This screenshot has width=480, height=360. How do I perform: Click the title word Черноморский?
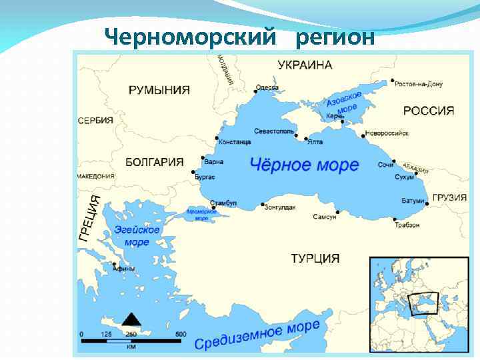click(190, 37)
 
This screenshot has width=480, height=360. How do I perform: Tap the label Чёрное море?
click(303, 164)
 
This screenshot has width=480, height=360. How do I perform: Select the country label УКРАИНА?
click(305, 65)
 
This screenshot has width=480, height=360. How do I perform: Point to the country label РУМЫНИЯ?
click(159, 90)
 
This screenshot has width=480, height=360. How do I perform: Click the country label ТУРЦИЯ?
click(315, 258)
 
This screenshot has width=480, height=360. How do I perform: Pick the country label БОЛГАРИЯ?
click(154, 162)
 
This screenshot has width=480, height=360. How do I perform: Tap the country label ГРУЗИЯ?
click(449, 198)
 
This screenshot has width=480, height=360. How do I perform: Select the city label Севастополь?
click(274, 132)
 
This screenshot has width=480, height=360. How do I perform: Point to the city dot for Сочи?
click(395, 161)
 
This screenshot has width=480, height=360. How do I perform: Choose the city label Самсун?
click(325, 217)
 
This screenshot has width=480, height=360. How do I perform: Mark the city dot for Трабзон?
click(396, 218)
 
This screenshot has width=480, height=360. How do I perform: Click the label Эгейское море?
click(137, 236)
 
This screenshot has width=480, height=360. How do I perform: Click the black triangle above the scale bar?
click(131, 319)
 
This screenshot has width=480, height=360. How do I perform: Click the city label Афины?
click(125, 269)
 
